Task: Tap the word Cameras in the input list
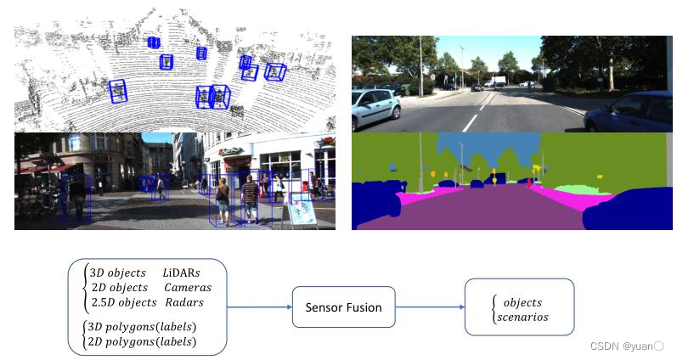coord(188,288)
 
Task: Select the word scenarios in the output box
coord(525,317)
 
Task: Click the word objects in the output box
coord(522,302)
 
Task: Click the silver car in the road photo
coord(375,106)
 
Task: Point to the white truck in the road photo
coord(496,82)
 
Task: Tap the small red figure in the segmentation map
coord(530,183)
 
